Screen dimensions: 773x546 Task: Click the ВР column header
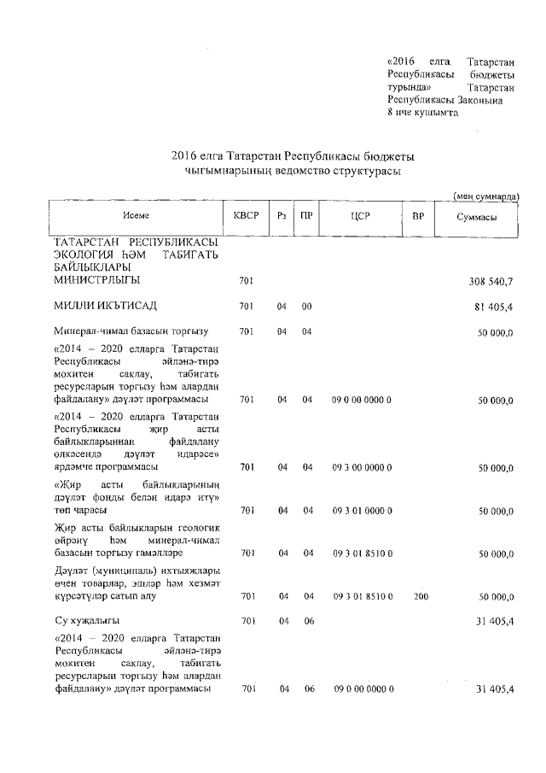(418, 217)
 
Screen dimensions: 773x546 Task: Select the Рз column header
(281, 217)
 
